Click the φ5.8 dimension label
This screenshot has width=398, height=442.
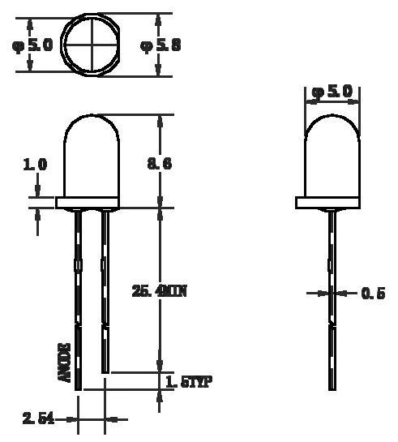tap(160, 45)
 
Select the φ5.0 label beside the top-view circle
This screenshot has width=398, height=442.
tap(32, 45)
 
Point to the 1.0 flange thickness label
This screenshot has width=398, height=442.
tap(34, 164)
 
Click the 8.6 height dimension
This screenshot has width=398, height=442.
tap(159, 164)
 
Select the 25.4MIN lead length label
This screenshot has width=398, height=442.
tap(159, 290)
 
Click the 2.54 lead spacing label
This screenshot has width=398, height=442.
tap(38, 418)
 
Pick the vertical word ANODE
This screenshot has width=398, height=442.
tap(65, 363)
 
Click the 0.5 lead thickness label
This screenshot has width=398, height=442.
tap(372, 294)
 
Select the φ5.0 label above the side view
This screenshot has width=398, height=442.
tap(332, 92)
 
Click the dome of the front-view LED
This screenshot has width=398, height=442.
tap(90, 154)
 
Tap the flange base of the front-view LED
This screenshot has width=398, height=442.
tap(90, 202)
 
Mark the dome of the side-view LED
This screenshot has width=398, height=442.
tap(332, 154)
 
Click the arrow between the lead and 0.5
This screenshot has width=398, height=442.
tap(347, 294)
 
